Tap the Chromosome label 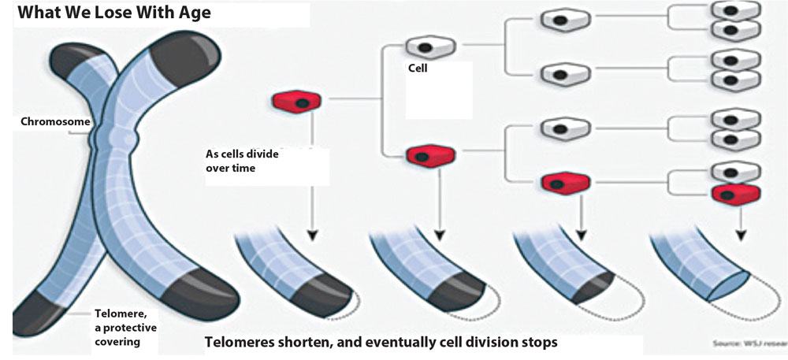point(55,122)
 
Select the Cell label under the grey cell point(417,69)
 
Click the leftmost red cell point(296,101)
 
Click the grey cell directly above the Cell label point(429,46)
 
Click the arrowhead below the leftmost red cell point(312,234)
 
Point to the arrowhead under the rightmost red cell point(740,234)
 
